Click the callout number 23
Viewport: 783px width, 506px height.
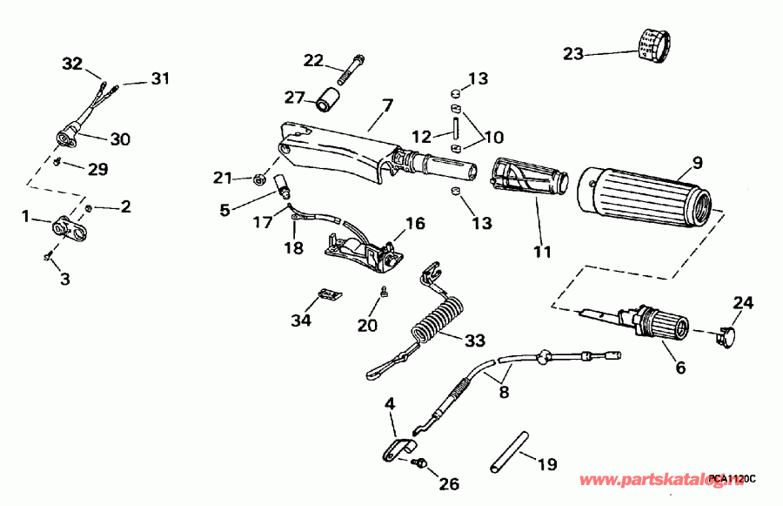click(x=572, y=53)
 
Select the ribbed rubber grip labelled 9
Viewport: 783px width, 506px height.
click(x=645, y=193)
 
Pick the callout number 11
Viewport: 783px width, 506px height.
click(x=542, y=253)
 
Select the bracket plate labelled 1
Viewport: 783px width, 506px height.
click(x=66, y=229)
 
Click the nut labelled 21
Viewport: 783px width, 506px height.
click(x=258, y=180)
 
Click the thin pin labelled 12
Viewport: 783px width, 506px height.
click(x=455, y=125)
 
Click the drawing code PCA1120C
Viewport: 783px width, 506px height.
click(x=733, y=478)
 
